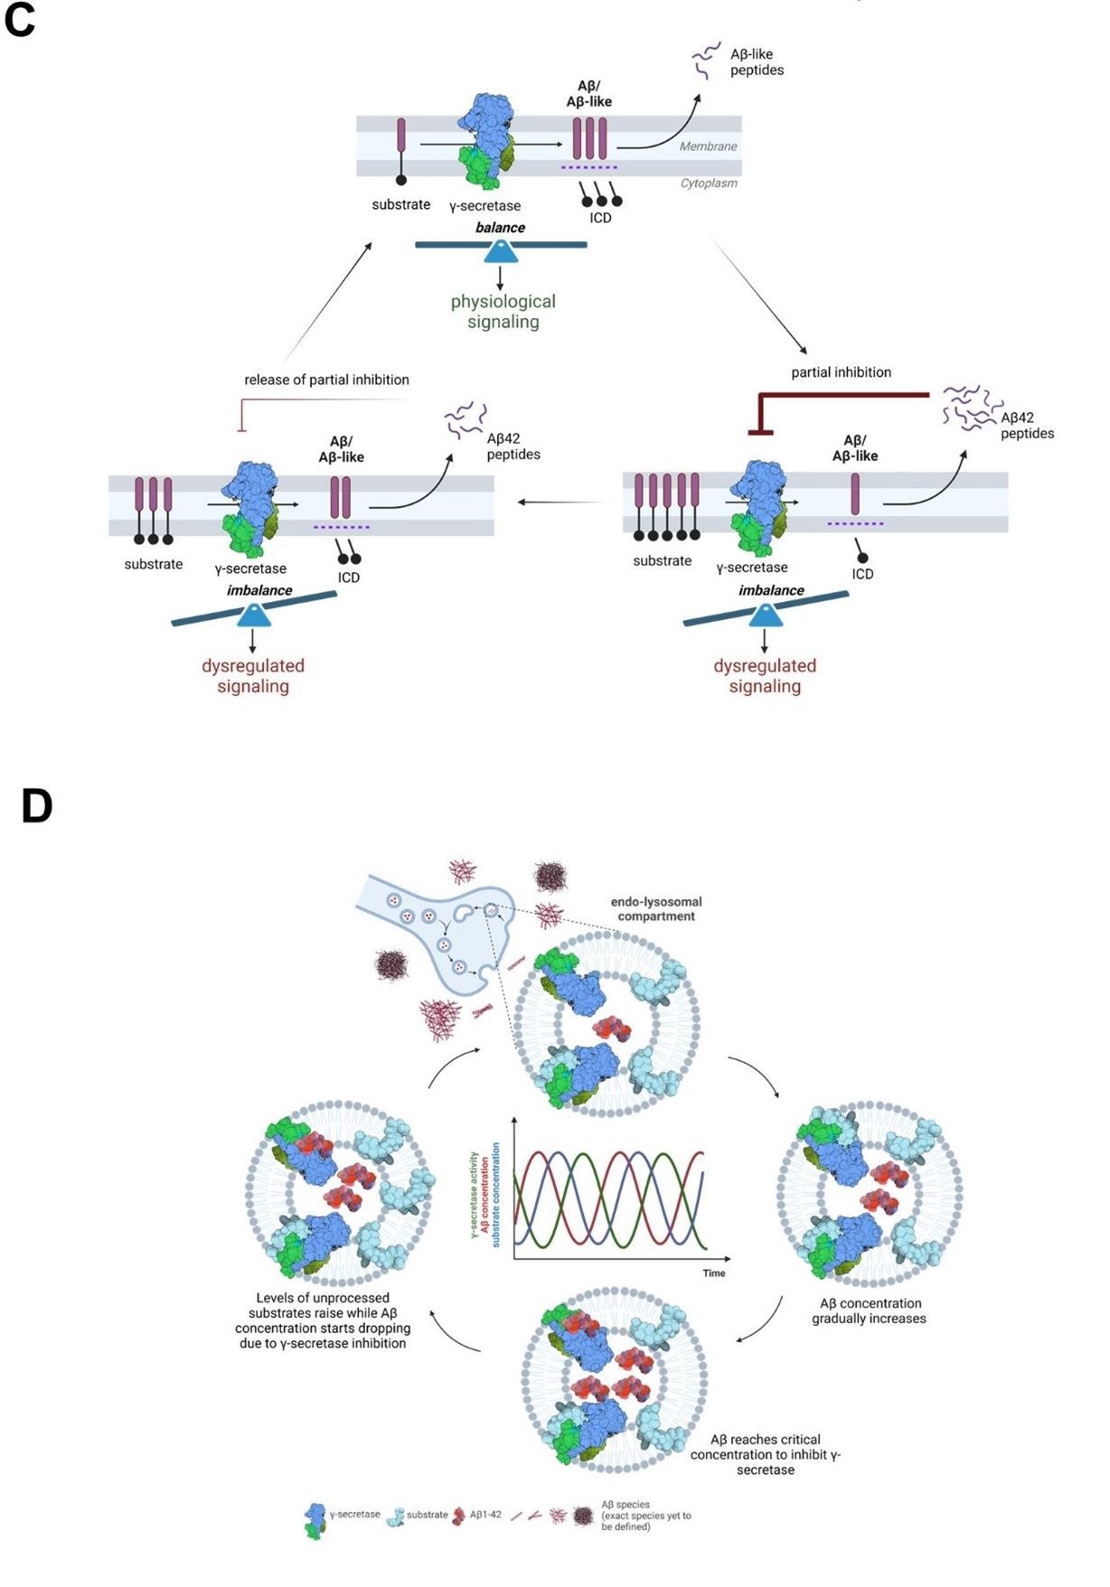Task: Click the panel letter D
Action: (x=36, y=805)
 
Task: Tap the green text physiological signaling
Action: (x=503, y=312)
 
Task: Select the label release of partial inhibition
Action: (x=326, y=380)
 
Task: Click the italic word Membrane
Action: (x=708, y=146)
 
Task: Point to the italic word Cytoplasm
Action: (x=708, y=183)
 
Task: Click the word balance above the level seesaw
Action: (x=500, y=228)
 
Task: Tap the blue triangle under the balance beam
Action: (x=501, y=252)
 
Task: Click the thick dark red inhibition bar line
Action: (x=841, y=395)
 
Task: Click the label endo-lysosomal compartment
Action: (x=656, y=909)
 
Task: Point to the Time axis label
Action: (x=714, y=1273)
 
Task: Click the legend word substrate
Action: (x=427, y=1515)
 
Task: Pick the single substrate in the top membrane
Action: (x=401, y=149)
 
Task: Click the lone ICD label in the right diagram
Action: (x=862, y=574)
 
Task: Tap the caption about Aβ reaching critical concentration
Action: (x=765, y=1455)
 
